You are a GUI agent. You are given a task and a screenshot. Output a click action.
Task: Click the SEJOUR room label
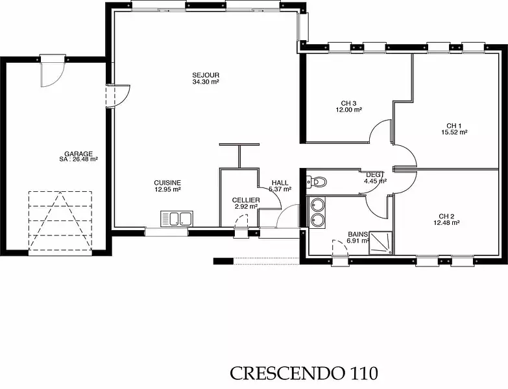206,75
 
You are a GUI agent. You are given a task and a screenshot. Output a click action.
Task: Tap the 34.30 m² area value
206,82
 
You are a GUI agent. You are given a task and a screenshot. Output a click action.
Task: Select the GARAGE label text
79,154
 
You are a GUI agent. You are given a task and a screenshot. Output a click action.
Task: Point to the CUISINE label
167,183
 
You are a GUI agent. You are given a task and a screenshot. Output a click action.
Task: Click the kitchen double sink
176,218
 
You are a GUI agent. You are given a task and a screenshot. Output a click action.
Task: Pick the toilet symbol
317,182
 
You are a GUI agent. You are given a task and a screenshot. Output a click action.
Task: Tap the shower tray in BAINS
380,242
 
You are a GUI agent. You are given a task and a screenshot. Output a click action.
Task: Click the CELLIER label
246,200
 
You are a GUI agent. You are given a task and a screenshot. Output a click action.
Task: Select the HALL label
280,183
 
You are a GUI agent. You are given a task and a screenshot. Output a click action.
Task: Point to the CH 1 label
454,126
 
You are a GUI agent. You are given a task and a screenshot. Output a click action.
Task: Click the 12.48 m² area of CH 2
447,222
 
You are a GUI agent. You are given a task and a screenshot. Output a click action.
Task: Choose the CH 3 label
348,103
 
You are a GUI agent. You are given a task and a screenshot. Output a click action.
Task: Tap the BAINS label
357,234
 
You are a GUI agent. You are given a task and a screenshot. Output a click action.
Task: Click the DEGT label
375,175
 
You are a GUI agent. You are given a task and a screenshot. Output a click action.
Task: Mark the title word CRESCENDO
287,373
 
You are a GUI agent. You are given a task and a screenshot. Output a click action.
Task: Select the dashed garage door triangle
60,220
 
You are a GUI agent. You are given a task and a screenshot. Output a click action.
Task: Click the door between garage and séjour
118,96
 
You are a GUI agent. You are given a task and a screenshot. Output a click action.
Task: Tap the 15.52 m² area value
454,132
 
